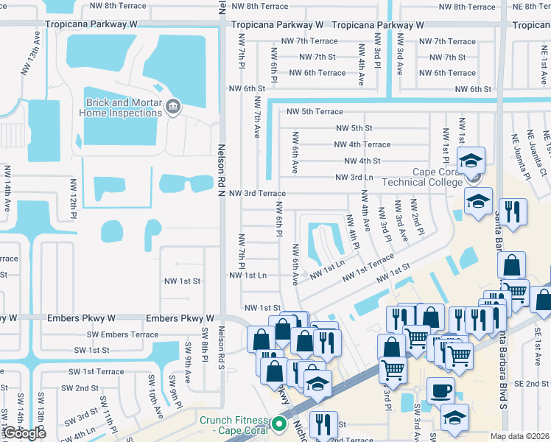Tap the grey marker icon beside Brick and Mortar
[173, 108]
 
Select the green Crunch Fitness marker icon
[279, 424]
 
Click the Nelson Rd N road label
[220, 168]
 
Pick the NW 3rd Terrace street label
[257, 193]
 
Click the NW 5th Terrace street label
[315, 112]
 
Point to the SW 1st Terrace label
[96, 372]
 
